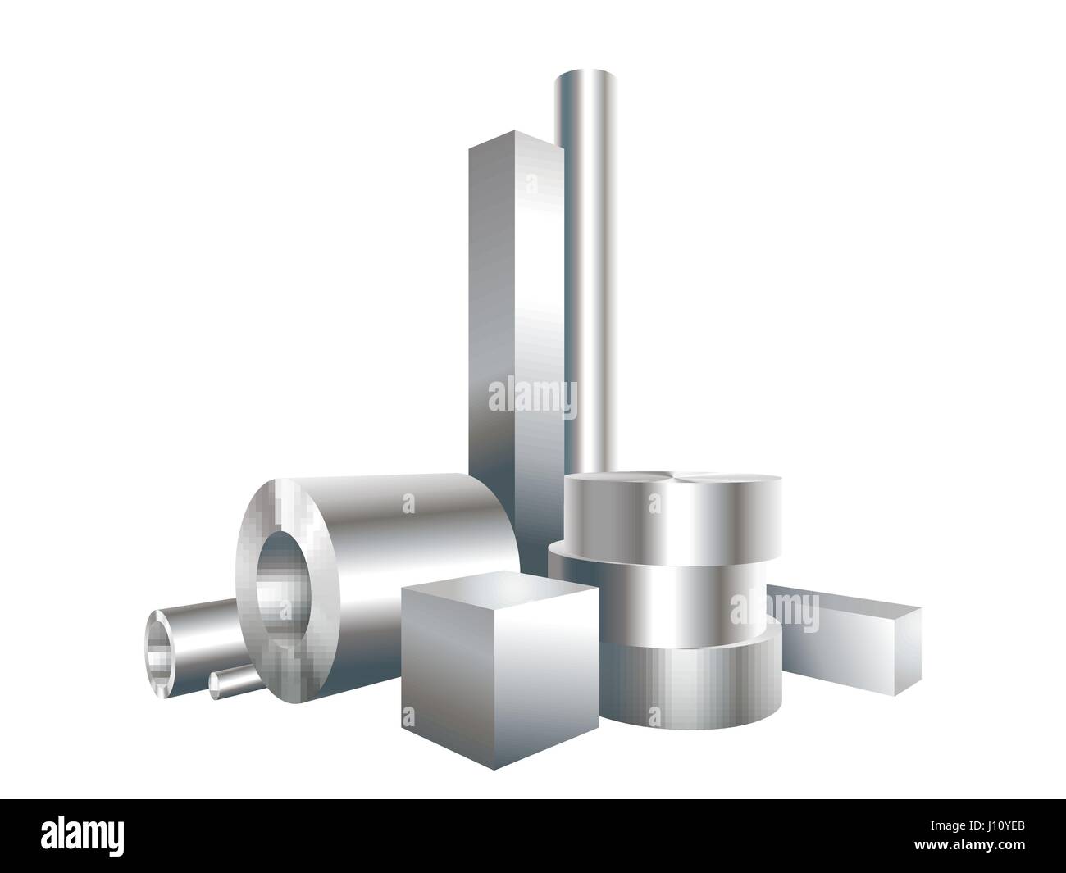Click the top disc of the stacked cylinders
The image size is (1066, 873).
tap(672, 516)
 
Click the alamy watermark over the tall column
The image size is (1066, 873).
tap(532, 397)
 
